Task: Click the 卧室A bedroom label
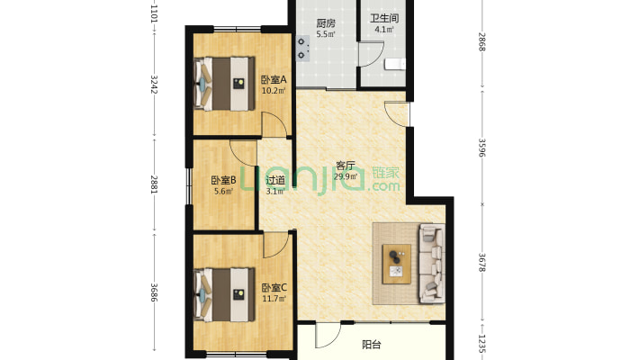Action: [274, 79]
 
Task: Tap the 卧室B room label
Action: [223, 180]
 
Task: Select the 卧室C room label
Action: [274, 287]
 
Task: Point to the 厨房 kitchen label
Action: [326, 23]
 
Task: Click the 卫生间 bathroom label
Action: [384, 18]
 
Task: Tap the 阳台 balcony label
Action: [372, 345]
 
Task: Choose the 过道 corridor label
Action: [275, 180]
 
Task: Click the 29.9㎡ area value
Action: [346, 176]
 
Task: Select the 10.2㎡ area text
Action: [274, 91]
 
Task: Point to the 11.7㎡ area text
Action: [274, 299]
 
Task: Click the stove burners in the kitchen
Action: [302, 48]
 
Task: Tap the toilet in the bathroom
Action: [395, 64]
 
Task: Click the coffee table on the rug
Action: [396, 264]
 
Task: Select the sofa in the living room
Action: [432, 264]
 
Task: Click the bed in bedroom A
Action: [224, 84]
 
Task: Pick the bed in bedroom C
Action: [224, 294]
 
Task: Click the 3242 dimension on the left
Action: [154, 84]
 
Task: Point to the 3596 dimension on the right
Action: [482, 148]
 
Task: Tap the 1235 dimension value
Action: [482, 345]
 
